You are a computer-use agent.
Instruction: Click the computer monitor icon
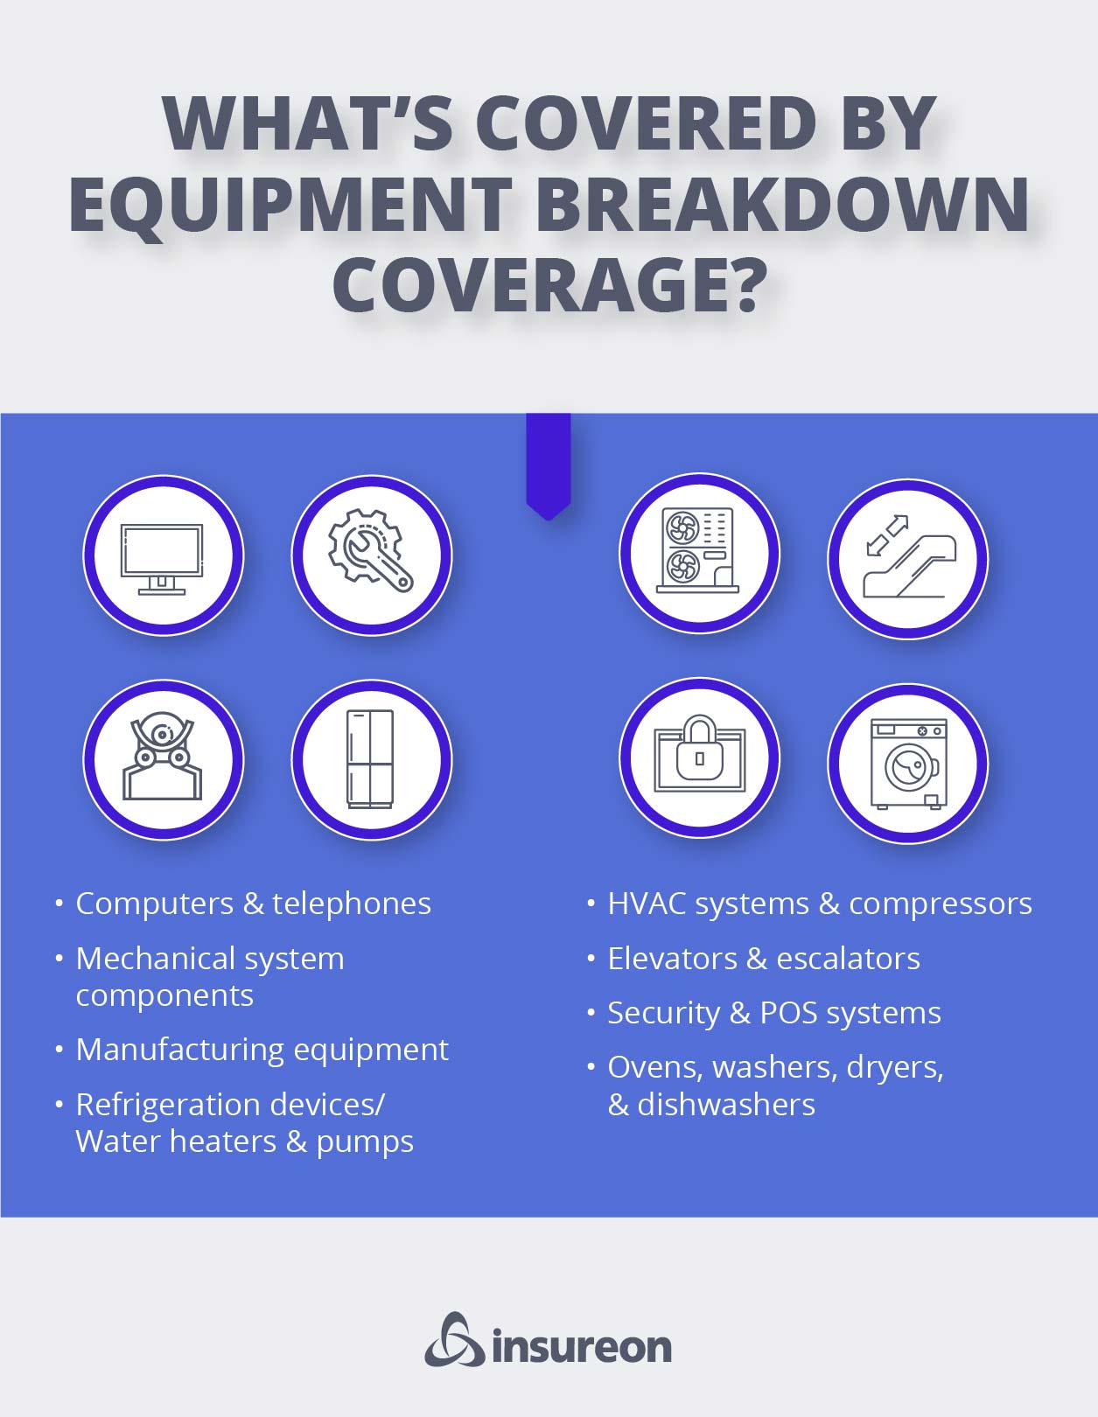[x=162, y=559]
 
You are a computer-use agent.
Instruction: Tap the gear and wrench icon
[x=370, y=550]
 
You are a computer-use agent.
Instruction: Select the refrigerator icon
[x=370, y=759]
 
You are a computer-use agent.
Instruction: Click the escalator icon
[x=909, y=557]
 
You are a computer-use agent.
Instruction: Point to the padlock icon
[x=700, y=753]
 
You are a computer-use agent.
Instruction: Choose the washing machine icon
[x=909, y=764]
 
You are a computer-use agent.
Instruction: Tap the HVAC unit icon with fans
[x=698, y=549]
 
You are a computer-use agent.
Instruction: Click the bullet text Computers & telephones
[x=254, y=904]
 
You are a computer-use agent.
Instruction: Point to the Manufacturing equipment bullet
[x=262, y=1050]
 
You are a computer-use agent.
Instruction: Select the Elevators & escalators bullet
[x=764, y=959]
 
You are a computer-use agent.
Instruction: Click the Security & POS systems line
[x=774, y=1014]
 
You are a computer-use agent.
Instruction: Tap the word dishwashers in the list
[x=725, y=1105]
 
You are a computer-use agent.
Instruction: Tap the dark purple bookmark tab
[x=549, y=465]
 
